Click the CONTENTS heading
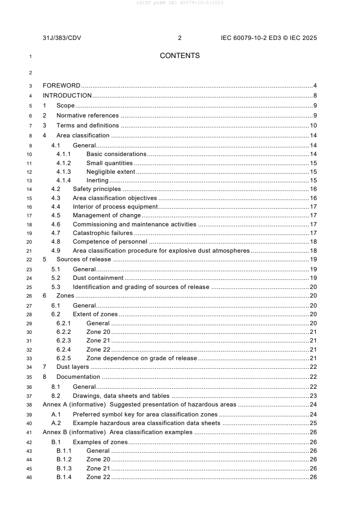coord(180,56)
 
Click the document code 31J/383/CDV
coord(62,38)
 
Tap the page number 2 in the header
coord(180,38)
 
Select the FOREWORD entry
coord(61,85)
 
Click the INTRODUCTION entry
coord(67,95)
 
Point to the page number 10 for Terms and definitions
coord(313,126)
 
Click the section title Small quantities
coord(109,163)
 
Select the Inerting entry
coord(97,181)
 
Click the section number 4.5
coord(56,215)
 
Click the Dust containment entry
coord(98,278)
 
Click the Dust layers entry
coord(73,367)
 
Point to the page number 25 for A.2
coord(313,423)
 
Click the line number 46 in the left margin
coord(30,477)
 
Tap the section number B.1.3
coord(64,468)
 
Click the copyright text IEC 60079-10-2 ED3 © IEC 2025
coord(266,38)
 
